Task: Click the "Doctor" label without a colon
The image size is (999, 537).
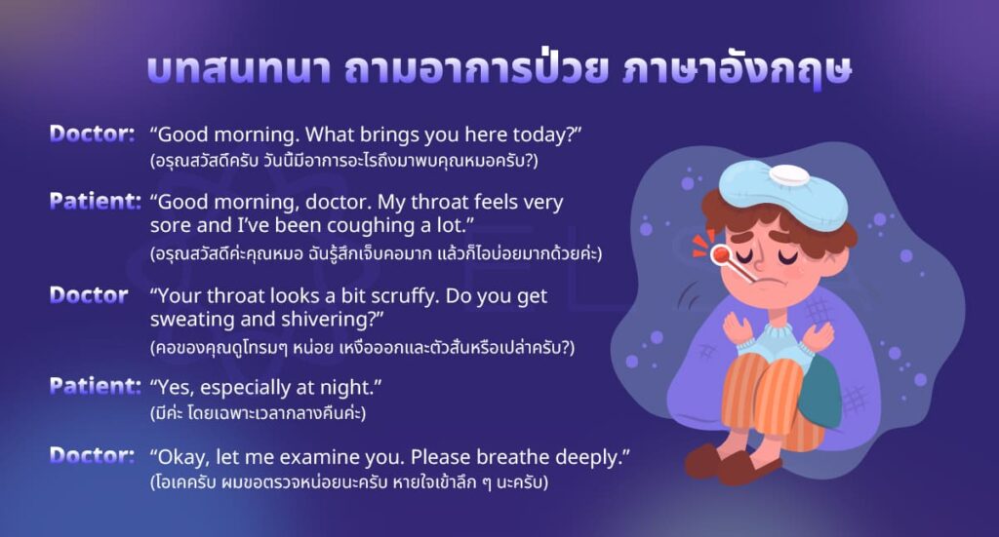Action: [89, 295]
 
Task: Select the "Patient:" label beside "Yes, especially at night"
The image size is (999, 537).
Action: [96, 387]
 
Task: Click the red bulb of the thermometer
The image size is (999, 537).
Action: [721, 254]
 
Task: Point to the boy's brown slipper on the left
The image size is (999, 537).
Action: [707, 458]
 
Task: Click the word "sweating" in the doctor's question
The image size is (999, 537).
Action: [194, 320]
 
